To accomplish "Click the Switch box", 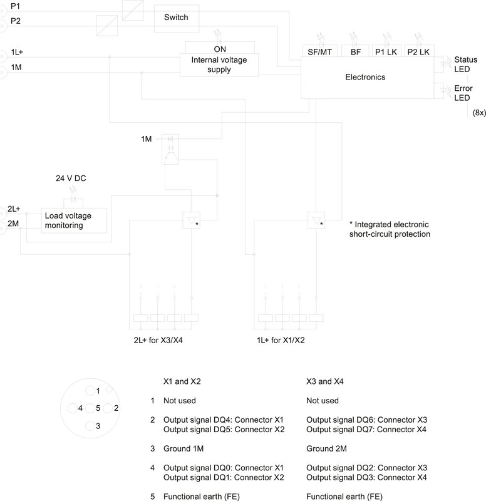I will pos(176,18).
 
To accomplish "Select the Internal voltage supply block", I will pos(219,65).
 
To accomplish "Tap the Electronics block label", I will pos(365,77).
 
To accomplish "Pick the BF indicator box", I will pos(355,52).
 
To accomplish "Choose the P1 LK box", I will pos(386,52).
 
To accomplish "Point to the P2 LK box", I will pos(418,52).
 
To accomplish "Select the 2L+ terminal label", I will pos(14,209).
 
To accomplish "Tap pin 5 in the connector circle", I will pos(91,408).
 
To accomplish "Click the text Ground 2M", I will pos(327,448).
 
